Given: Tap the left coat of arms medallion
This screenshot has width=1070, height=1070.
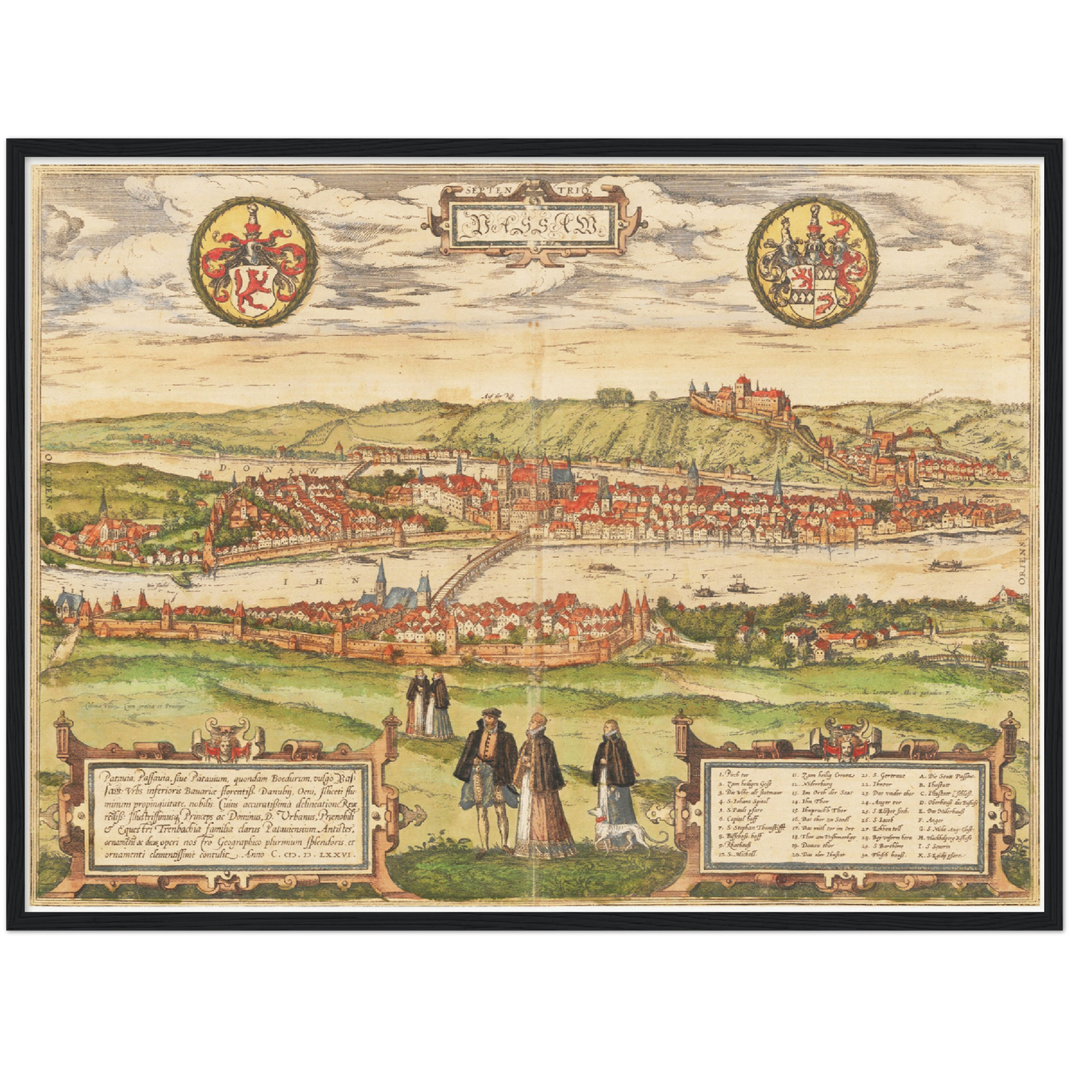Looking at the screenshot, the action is click(254, 265).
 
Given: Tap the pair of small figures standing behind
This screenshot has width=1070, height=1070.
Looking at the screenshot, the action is click(429, 706).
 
